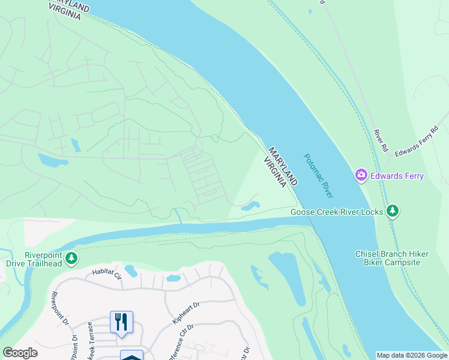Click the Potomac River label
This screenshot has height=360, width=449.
click(x=319, y=176)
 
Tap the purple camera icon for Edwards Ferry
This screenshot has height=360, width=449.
click(x=361, y=176)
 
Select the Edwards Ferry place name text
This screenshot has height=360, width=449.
click(x=397, y=176)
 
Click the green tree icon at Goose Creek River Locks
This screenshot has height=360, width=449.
click(x=393, y=211)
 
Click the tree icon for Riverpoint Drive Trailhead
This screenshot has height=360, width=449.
click(x=71, y=258)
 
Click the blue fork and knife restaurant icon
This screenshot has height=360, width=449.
click(x=121, y=322)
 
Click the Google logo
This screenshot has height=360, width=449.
click(x=20, y=353)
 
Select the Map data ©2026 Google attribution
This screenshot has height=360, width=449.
click(x=412, y=355)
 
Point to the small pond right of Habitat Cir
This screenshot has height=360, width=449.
click(x=173, y=278)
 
